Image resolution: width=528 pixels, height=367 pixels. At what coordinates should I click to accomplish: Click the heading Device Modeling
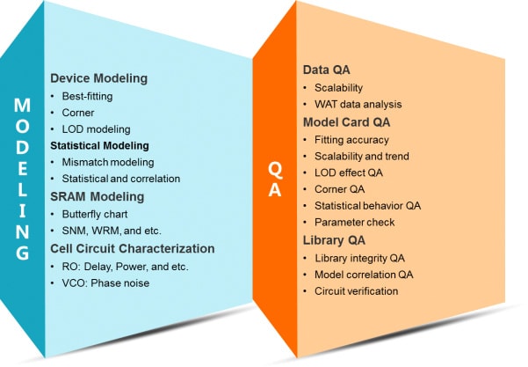[x=98, y=78]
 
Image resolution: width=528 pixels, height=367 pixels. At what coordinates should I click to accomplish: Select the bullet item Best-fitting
[x=87, y=96]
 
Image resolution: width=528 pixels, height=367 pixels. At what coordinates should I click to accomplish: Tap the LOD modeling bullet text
[x=96, y=129]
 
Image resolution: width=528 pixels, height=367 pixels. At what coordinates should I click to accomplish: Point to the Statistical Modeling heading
[x=99, y=146]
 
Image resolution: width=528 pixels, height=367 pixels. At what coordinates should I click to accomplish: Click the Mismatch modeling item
[x=108, y=162]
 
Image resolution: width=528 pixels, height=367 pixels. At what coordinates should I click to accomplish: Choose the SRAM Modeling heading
[x=97, y=196]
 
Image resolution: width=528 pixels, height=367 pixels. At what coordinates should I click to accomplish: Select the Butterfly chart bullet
[x=95, y=214]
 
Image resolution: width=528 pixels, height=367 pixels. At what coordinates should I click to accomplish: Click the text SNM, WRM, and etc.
[x=112, y=231]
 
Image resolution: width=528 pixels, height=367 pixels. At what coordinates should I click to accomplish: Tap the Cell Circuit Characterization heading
[x=133, y=248]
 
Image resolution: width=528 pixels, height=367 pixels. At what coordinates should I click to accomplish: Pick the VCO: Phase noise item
[x=105, y=283]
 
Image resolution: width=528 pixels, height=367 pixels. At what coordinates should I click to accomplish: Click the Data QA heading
[x=326, y=70]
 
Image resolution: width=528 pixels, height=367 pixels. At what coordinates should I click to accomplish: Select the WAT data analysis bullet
[x=358, y=104]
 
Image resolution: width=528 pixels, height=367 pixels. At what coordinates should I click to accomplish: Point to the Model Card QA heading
[x=346, y=122]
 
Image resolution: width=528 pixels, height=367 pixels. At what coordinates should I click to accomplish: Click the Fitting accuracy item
[x=351, y=140]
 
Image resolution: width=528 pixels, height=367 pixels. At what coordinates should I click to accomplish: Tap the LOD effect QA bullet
[x=349, y=172]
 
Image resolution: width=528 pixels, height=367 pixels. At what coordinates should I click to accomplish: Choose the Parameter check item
[x=354, y=223]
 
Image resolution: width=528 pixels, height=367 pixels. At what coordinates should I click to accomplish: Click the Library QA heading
[x=334, y=240]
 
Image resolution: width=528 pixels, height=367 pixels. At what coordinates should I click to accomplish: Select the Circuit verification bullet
[x=357, y=291]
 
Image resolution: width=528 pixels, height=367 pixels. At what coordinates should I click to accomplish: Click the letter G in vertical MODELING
[x=22, y=253]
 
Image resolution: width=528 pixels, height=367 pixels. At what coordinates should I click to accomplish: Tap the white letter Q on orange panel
[x=275, y=170]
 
